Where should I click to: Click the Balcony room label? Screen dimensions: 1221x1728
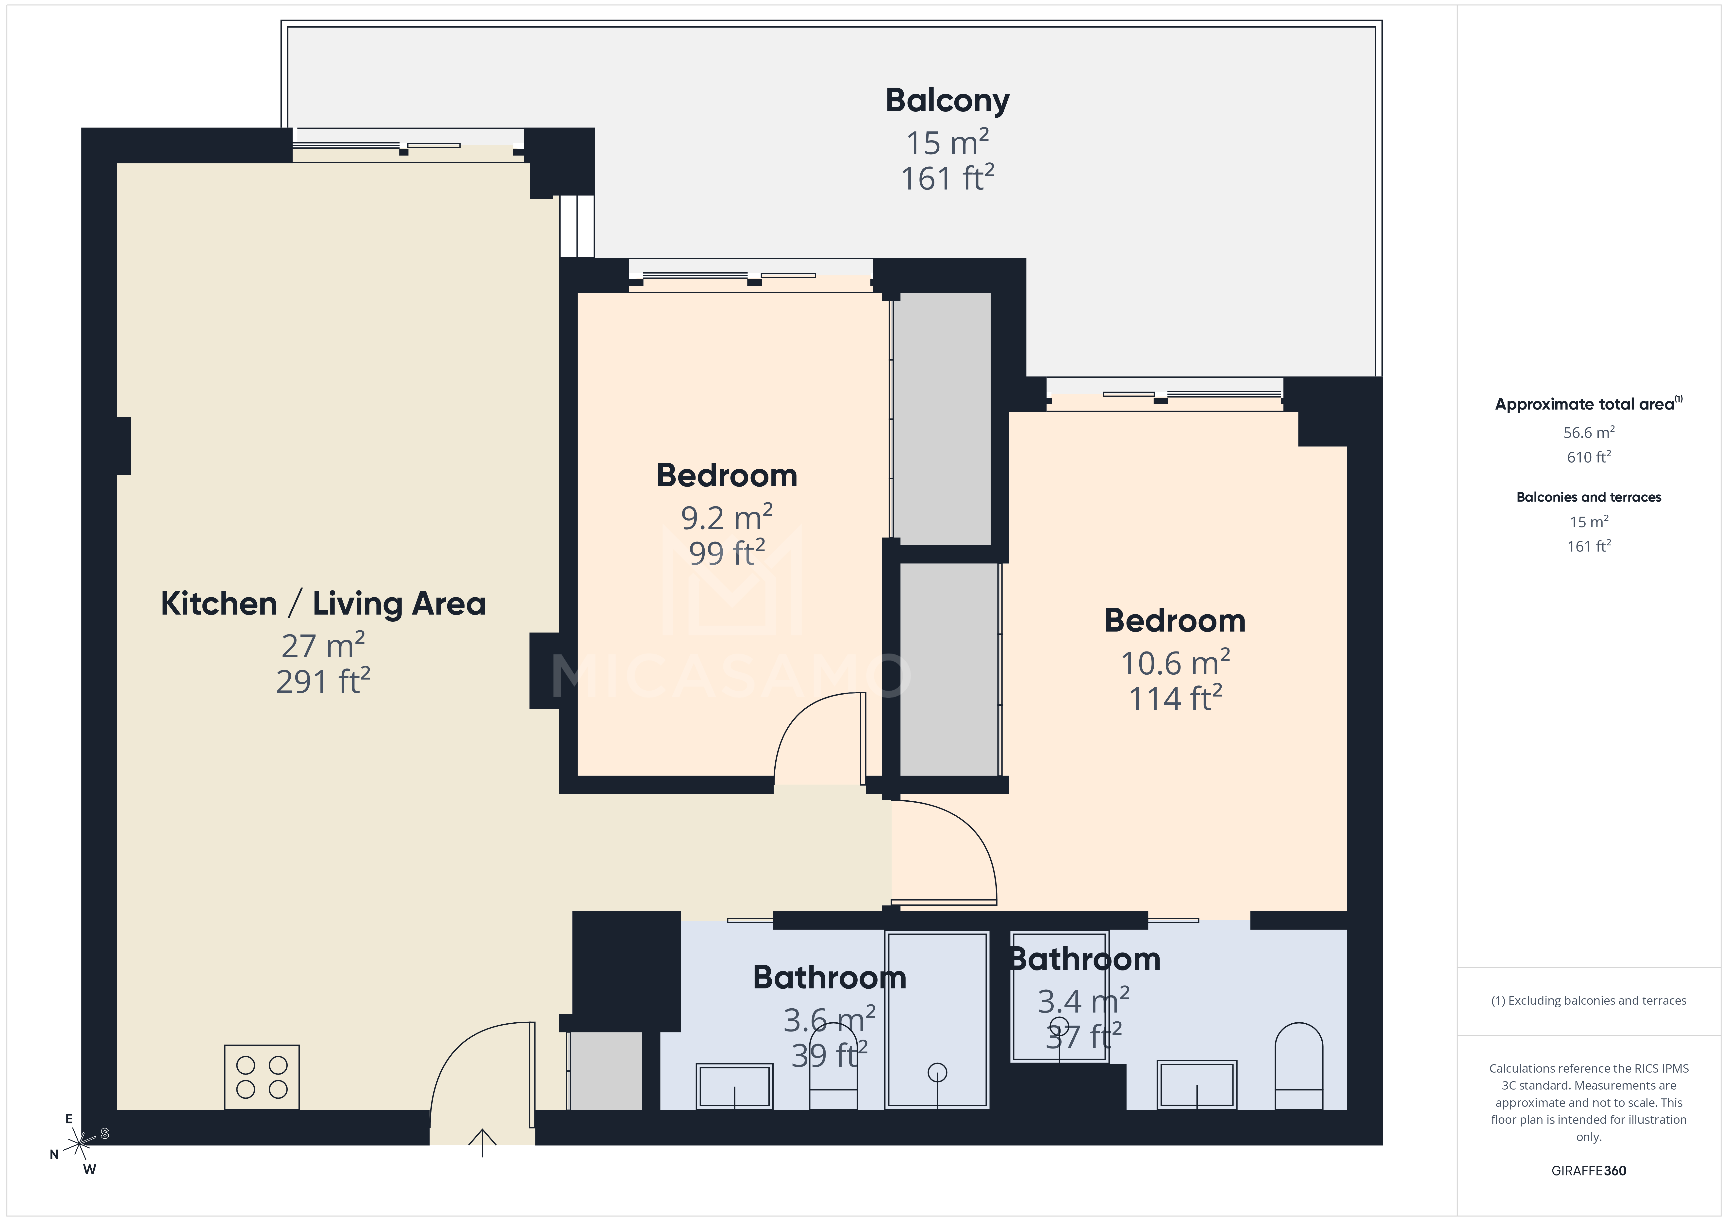(x=947, y=101)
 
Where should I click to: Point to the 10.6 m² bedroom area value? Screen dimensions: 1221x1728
(x=1175, y=663)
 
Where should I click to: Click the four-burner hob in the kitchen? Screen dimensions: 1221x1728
(x=262, y=1077)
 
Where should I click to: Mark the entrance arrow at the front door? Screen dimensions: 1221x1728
(x=482, y=1141)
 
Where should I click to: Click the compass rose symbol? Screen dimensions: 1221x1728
(x=79, y=1144)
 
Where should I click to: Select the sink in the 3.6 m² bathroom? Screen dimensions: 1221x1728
(x=734, y=1086)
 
